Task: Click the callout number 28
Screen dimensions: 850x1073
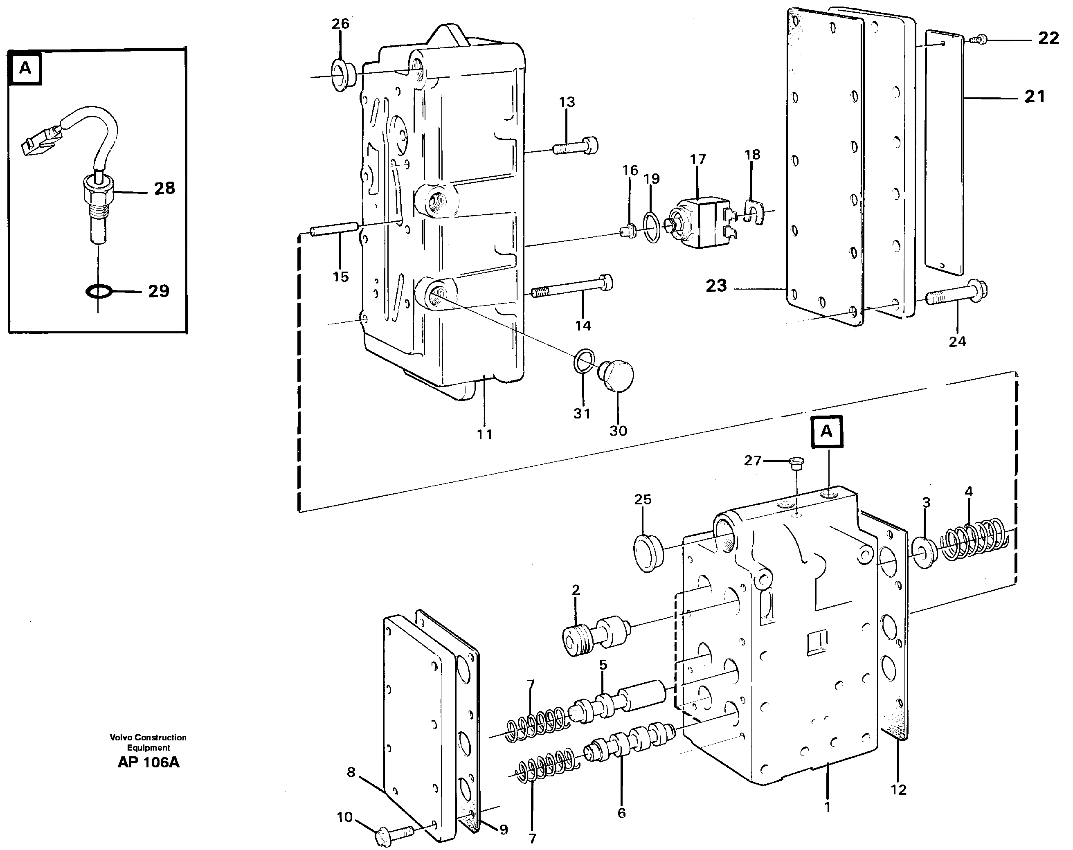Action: click(x=164, y=189)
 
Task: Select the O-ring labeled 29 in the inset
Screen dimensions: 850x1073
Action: click(x=99, y=291)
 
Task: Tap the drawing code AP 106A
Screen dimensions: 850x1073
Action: click(x=148, y=762)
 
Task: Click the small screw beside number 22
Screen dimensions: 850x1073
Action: click(x=976, y=39)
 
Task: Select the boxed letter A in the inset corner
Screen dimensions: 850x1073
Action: click(x=25, y=68)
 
